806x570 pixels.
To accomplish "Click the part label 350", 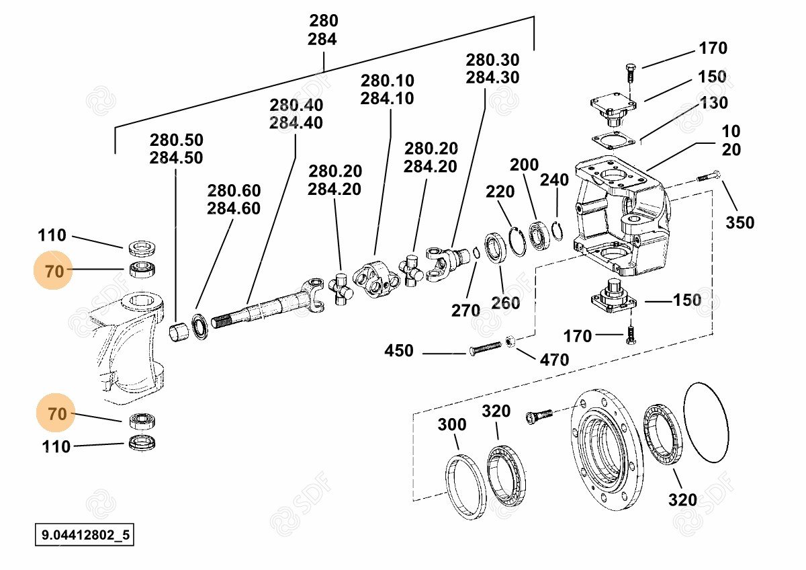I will click(740, 222).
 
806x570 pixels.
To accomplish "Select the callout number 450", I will click(399, 351).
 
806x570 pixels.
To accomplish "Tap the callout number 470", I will click(554, 360).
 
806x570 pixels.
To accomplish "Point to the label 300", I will click(451, 425).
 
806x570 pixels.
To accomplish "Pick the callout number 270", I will click(465, 311).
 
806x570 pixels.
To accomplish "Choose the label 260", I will click(505, 303).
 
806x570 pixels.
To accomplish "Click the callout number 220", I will click(500, 192).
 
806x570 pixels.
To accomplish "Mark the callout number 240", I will click(554, 179).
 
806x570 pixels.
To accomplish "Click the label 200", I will click(524, 165).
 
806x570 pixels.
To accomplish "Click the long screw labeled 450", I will click(486, 348).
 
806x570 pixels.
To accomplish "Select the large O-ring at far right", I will click(706, 423).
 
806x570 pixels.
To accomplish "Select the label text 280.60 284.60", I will click(234, 200).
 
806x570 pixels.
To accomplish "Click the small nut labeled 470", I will click(510, 342).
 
